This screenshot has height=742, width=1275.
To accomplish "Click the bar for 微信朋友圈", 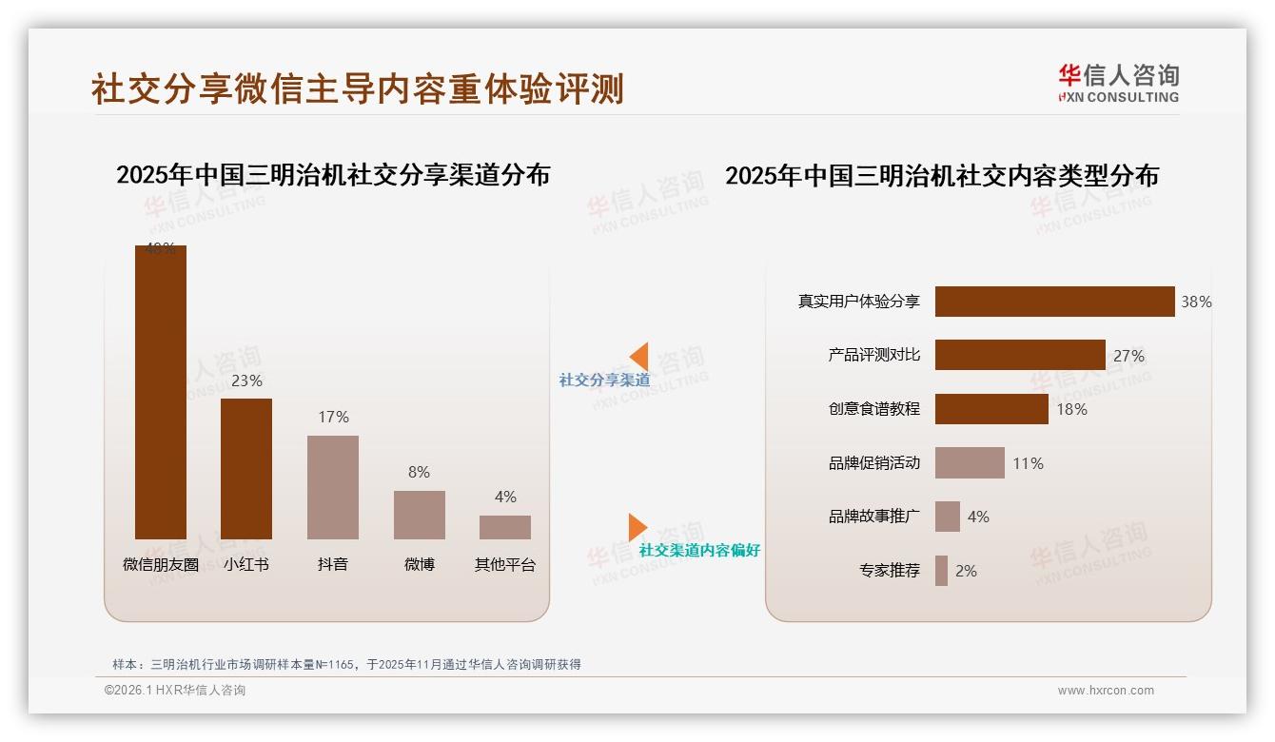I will pyautogui.click(x=160, y=392).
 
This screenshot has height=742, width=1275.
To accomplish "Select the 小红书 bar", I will pyautogui.click(x=246, y=469).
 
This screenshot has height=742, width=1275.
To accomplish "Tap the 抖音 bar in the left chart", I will pyautogui.click(x=333, y=487).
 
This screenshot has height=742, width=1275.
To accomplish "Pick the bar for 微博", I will pyautogui.click(x=420, y=515).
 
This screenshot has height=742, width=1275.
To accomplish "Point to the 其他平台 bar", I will pyautogui.click(x=505, y=527).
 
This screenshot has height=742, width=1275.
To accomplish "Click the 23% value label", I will pyautogui.click(x=246, y=381).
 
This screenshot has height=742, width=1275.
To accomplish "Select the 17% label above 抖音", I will pyautogui.click(x=333, y=417).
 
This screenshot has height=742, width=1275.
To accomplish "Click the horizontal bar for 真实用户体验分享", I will pyautogui.click(x=1054, y=302).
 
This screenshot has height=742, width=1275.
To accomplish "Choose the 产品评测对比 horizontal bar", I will pyautogui.click(x=1020, y=355).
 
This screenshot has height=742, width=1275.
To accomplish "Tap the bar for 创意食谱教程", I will pyautogui.click(x=991, y=409).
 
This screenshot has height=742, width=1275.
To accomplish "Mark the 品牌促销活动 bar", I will pyautogui.click(x=970, y=463).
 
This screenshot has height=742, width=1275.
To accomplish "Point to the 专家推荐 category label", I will pyautogui.click(x=890, y=571).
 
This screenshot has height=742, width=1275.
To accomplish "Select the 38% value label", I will pyautogui.click(x=1196, y=302).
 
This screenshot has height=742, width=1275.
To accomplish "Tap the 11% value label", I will pyautogui.click(x=1028, y=463).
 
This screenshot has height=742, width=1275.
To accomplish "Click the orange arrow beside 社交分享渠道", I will pyautogui.click(x=639, y=357).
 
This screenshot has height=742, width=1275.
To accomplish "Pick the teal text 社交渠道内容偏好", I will pyautogui.click(x=699, y=550).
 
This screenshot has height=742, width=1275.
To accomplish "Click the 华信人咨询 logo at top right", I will pyautogui.click(x=1118, y=83).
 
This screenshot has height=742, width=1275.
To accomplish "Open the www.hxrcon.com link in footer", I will pyautogui.click(x=1106, y=691).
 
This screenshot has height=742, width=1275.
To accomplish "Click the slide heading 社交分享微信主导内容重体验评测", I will pyautogui.click(x=358, y=88).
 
